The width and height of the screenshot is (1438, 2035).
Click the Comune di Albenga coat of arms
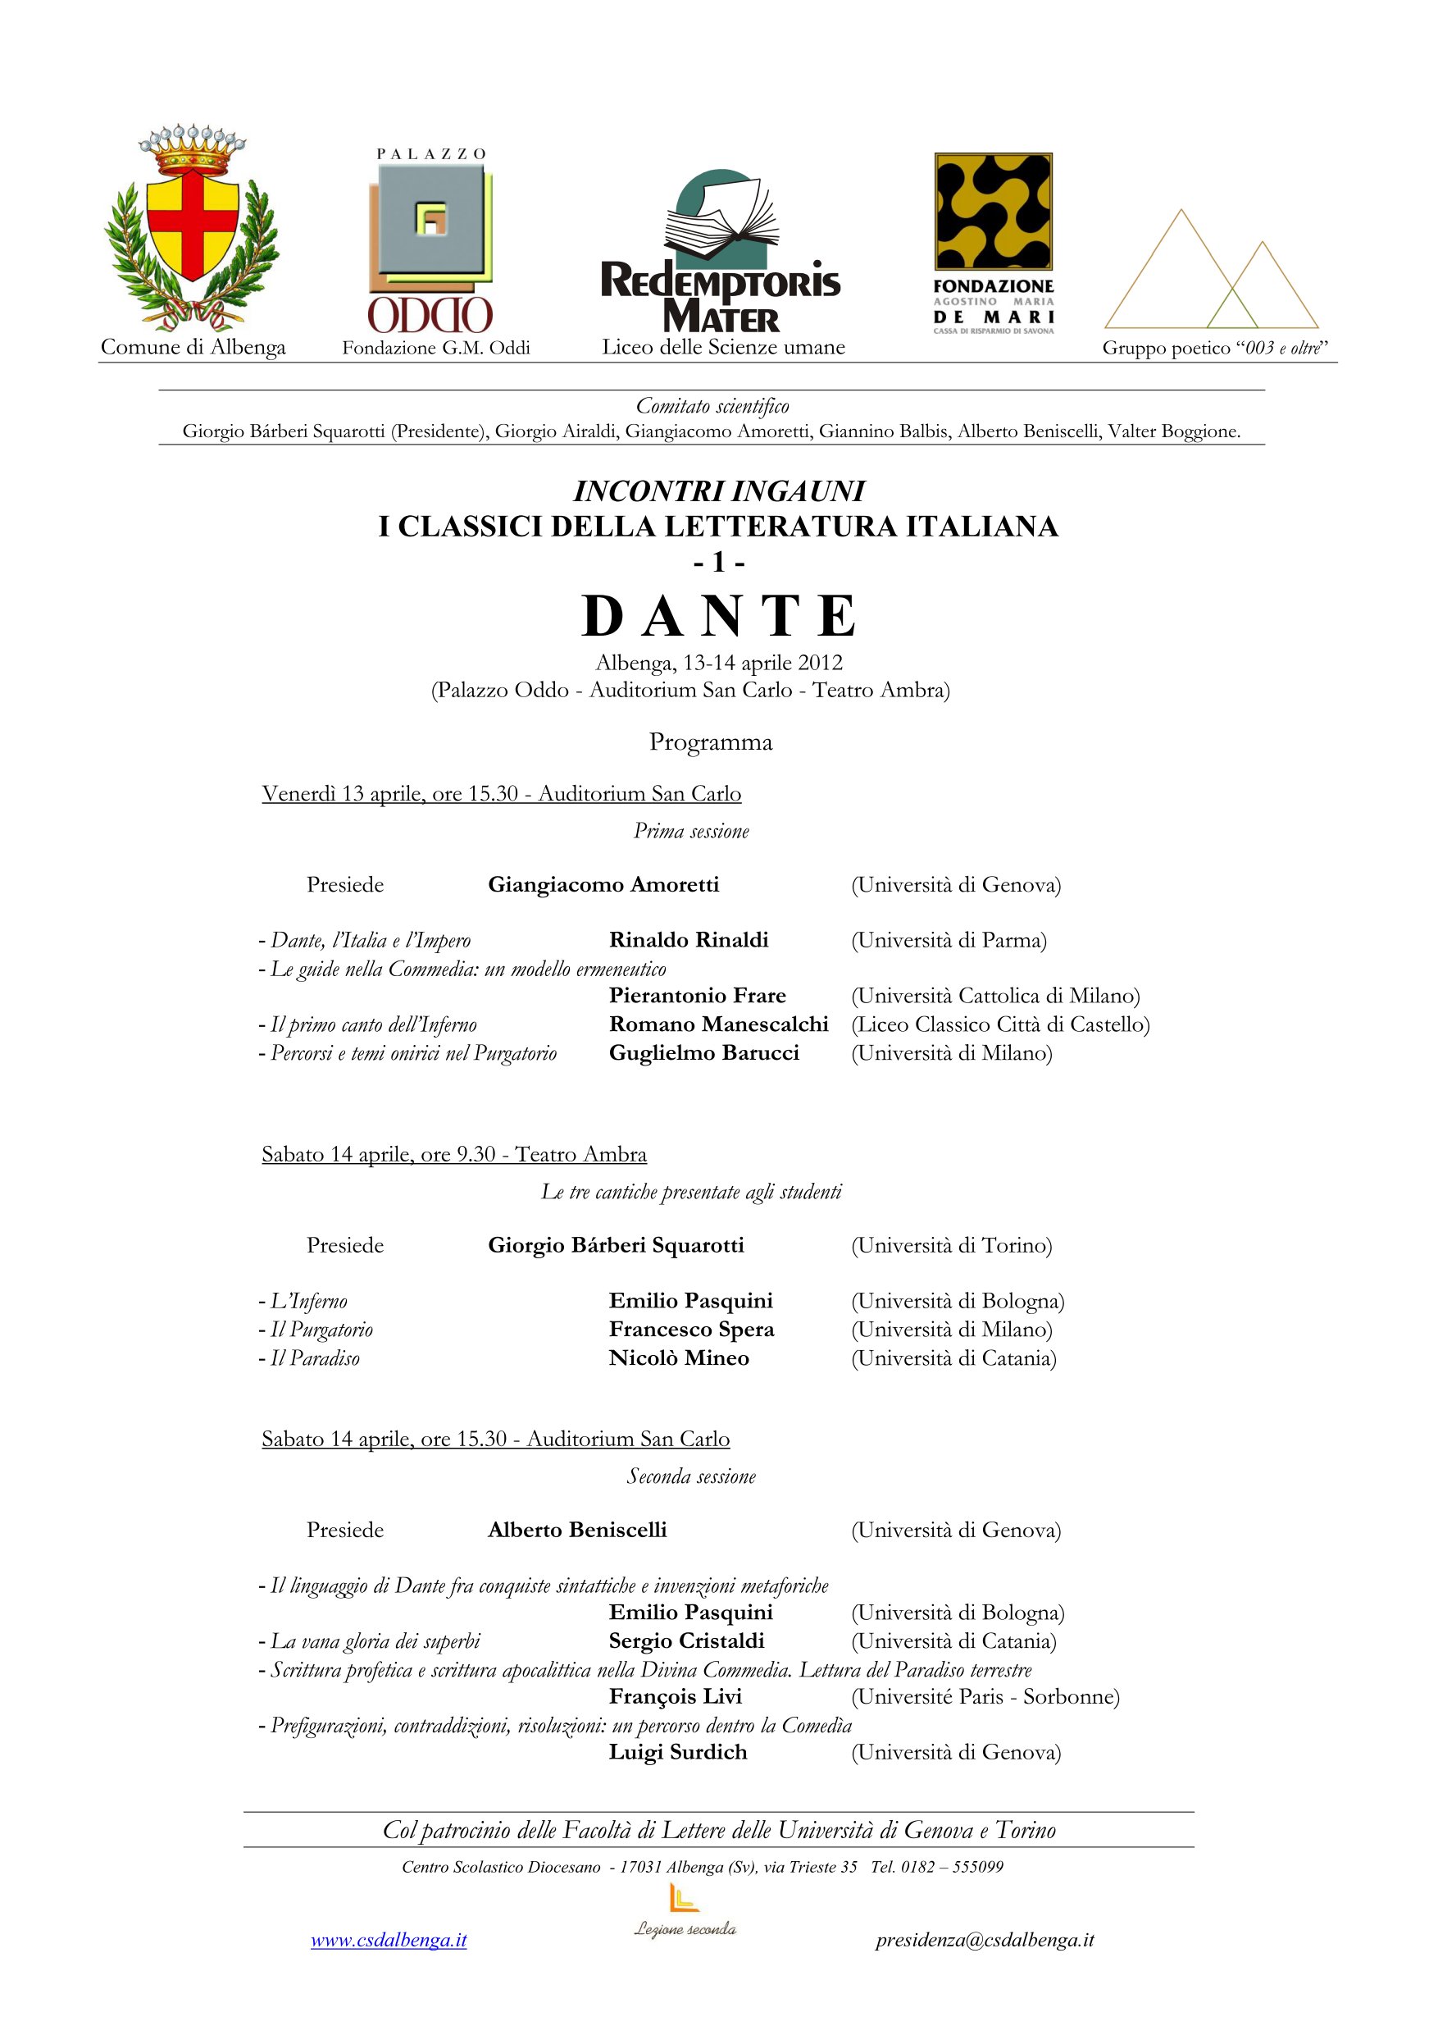(x=191, y=229)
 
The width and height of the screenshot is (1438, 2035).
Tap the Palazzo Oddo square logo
(x=430, y=222)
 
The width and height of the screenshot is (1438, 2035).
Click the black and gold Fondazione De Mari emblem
(x=993, y=211)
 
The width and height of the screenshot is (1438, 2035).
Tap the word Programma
(x=711, y=741)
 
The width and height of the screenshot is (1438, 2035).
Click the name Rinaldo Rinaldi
(x=689, y=939)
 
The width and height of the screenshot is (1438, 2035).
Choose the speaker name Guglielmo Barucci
(x=703, y=1053)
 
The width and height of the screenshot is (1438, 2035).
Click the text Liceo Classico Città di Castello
(x=1000, y=1024)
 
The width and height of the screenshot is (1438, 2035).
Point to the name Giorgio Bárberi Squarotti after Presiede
(x=616, y=1245)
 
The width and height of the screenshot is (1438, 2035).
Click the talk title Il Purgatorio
(x=321, y=1330)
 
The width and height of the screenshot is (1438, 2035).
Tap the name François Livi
(x=676, y=1696)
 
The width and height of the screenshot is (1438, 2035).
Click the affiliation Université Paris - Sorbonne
(x=985, y=1696)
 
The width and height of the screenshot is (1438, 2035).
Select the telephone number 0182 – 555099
(x=952, y=1867)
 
